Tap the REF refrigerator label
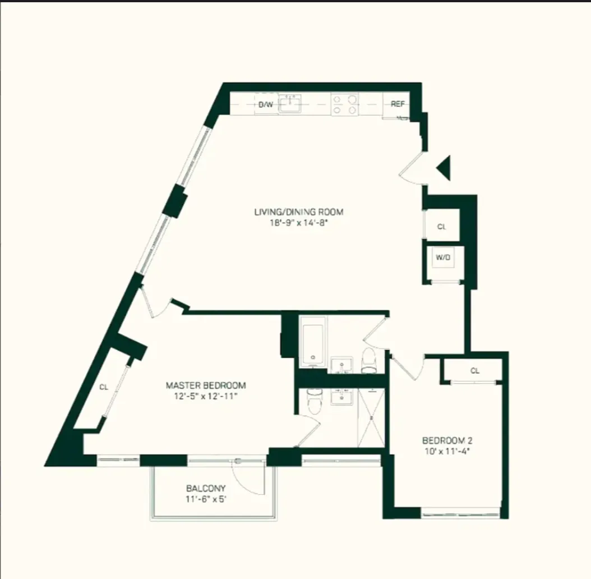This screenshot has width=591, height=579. tap(398, 104)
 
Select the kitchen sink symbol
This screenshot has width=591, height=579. tap(290, 104)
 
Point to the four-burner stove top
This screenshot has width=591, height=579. tap(345, 104)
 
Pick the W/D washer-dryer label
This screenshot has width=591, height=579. tap(443, 259)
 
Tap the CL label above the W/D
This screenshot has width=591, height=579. tap(442, 227)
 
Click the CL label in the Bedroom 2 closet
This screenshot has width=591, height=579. tap(475, 370)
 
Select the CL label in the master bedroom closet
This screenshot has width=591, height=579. tap(104, 387)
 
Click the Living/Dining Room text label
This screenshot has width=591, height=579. tap(298, 212)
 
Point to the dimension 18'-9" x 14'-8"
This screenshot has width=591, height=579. tap(298, 222)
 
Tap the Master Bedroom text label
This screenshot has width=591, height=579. tap(206, 385)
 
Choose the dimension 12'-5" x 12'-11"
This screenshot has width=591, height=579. tap(206, 396)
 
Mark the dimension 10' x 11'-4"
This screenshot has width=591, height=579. tap(446, 450)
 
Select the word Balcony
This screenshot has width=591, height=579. tap(206, 488)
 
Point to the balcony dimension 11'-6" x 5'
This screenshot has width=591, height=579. tap(206, 498)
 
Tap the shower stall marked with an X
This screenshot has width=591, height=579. tap(371, 418)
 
